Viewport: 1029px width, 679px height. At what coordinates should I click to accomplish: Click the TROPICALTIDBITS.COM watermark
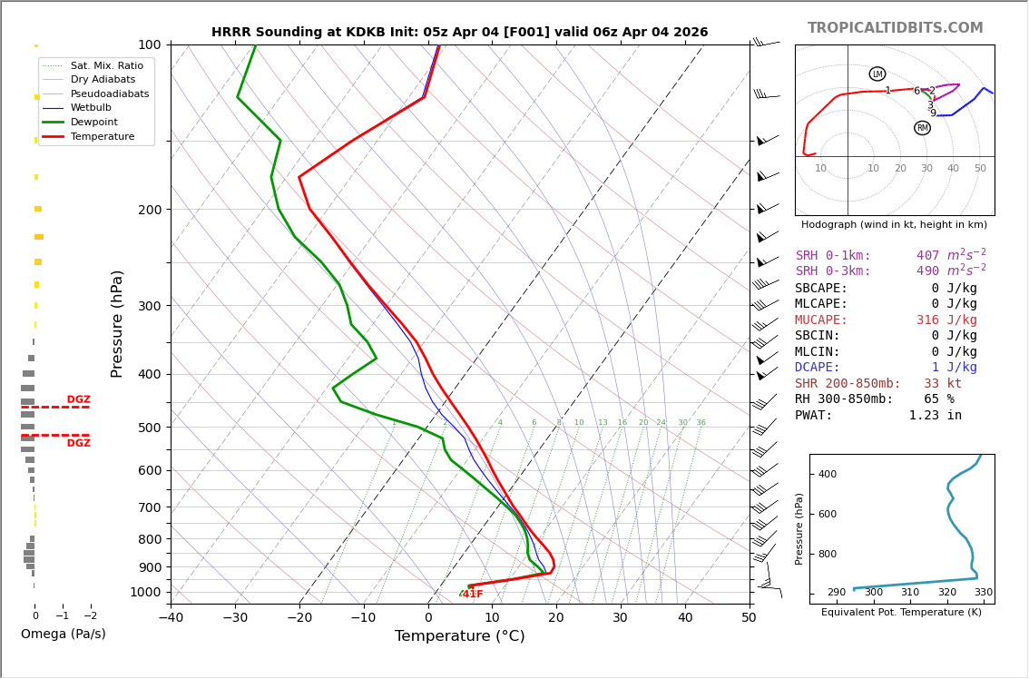point(895,27)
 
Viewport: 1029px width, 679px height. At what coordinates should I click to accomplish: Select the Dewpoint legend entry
point(93,123)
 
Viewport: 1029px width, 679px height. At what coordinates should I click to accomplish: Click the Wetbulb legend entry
point(91,108)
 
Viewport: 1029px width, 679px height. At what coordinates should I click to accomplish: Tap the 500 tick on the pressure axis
point(150,428)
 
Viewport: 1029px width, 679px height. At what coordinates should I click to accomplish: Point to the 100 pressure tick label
point(150,44)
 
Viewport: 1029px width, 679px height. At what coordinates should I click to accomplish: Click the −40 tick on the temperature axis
point(171,617)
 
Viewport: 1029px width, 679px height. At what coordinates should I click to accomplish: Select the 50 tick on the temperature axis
point(750,617)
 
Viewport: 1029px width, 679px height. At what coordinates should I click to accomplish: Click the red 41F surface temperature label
point(473,595)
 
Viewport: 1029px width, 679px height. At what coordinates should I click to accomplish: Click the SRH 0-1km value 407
point(928,255)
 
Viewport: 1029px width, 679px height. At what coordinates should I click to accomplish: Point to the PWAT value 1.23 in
point(936,415)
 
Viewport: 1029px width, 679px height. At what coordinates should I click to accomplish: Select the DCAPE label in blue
point(817,368)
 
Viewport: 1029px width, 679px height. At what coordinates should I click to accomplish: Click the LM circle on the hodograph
point(877,74)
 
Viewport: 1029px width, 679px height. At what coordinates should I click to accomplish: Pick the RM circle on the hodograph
point(923,128)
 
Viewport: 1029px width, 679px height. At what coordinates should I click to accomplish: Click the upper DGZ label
point(79,399)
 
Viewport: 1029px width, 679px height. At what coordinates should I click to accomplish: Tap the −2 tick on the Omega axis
point(91,616)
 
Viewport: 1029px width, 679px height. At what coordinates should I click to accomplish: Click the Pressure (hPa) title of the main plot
point(117,324)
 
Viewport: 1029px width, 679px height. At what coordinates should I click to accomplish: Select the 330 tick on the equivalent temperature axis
point(983,593)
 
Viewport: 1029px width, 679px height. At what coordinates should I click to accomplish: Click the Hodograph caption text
point(894,224)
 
